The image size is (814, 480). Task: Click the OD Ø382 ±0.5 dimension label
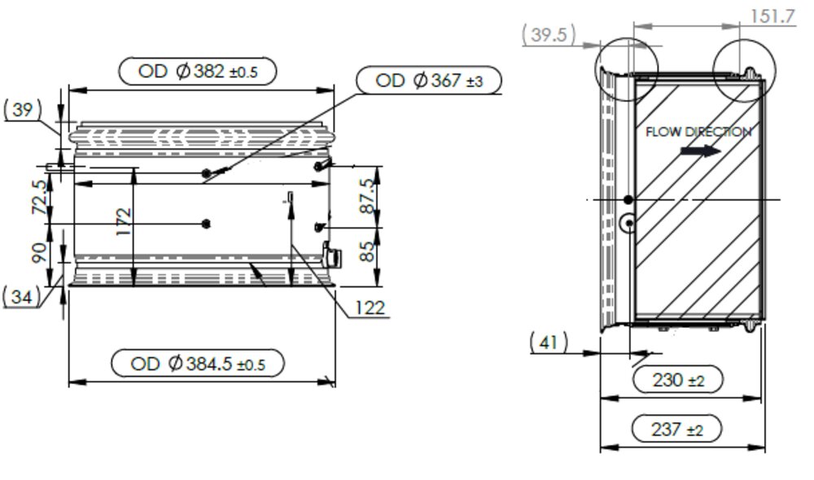[x=198, y=72]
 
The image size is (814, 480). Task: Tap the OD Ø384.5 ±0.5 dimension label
[x=198, y=364]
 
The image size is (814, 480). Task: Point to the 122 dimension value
[x=369, y=308]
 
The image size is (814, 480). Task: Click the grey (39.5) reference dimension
[x=549, y=35]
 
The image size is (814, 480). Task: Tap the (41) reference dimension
[x=549, y=343]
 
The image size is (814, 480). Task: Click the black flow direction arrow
[x=701, y=151]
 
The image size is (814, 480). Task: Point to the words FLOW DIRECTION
[x=698, y=131]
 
